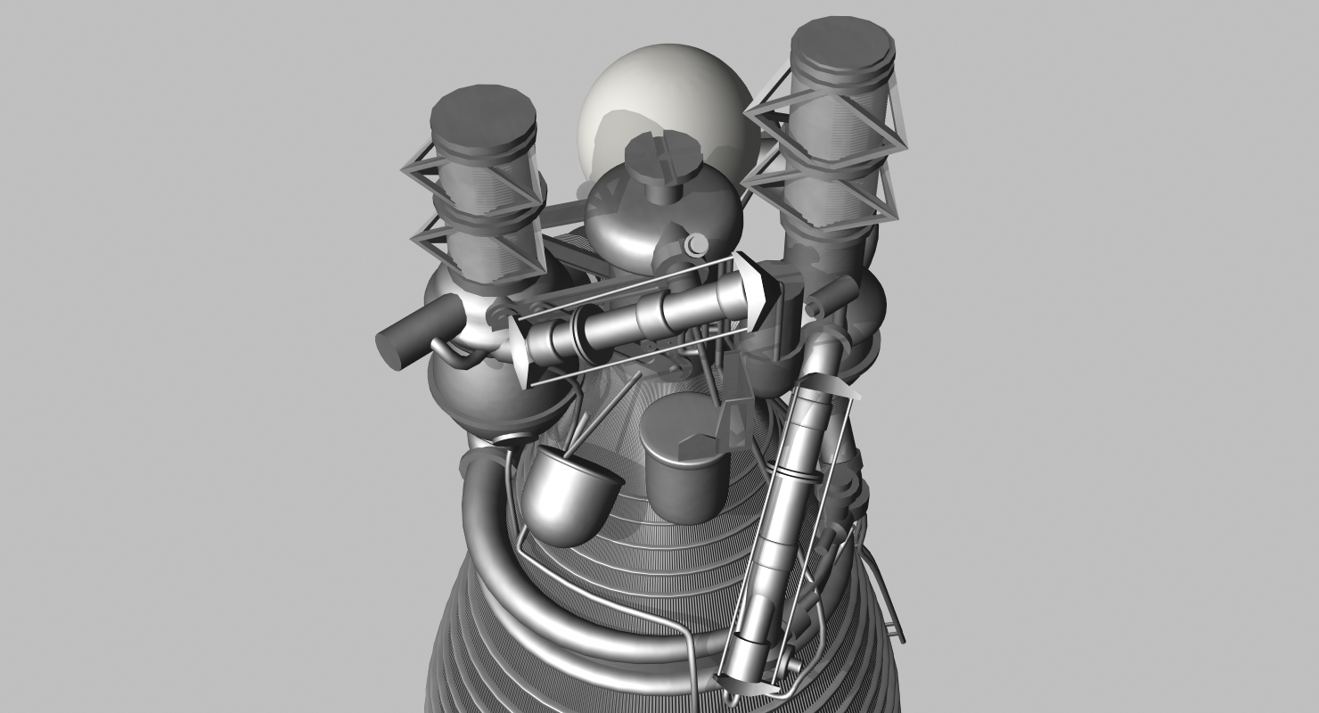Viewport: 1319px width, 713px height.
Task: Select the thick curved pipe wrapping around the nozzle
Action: pyautogui.click(x=499, y=553)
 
